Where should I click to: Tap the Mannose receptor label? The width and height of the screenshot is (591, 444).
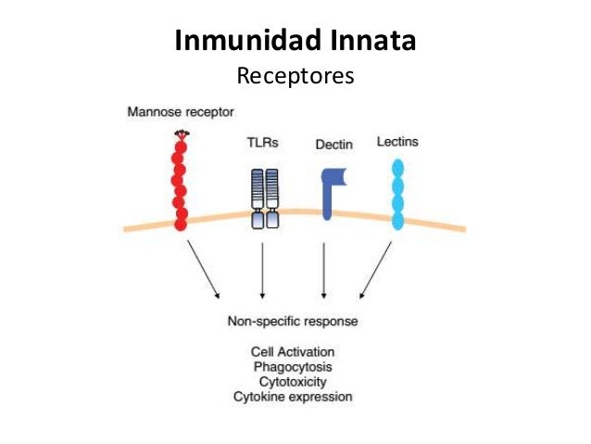[x=181, y=112]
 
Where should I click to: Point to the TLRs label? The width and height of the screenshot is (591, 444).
[x=262, y=143]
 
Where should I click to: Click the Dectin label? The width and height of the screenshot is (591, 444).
[x=333, y=145]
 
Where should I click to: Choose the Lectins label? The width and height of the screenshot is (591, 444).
[x=397, y=142]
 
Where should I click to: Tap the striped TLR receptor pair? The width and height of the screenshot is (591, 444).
[x=265, y=197]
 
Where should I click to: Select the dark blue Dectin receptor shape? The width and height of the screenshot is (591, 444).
[x=329, y=191]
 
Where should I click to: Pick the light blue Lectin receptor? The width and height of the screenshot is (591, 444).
[x=398, y=193]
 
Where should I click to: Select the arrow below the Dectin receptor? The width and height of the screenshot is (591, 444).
[x=323, y=270]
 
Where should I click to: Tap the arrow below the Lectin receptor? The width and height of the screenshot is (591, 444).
[x=375, y=270]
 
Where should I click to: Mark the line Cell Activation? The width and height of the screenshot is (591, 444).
[x=293, y=352]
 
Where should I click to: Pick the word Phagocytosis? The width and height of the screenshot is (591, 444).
[x=293, y=367]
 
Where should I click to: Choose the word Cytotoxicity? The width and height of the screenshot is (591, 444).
[x=293, y=381]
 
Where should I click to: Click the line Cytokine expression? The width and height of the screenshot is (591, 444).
[x=293, y=396]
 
